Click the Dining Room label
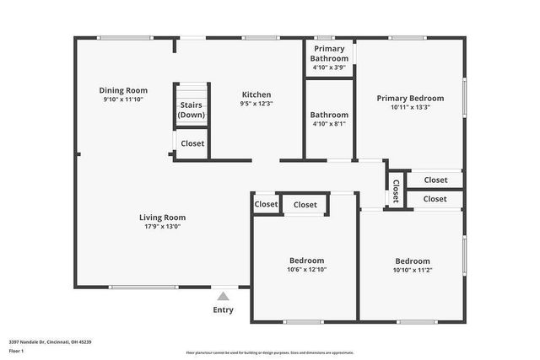(123, 90)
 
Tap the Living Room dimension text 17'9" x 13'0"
(162, 226)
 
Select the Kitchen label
(256, 94)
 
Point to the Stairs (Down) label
(192, 110)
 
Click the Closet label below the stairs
(192, 143)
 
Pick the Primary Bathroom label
(329, 53)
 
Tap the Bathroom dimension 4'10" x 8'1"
(329, 124)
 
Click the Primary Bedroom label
(410, 98)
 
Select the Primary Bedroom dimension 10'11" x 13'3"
(410, 107)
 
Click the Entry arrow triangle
(223, 296)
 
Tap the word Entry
(223, 309)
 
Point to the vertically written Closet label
(395, 191)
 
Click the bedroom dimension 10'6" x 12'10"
(307, 270)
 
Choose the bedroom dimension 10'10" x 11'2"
(413, 270)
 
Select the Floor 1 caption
(16, 350)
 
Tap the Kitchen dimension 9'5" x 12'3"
(256, 103)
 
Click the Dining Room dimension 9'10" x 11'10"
(123, 99)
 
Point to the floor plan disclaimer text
(269, 352)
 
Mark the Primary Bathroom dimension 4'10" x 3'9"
(329, 67)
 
